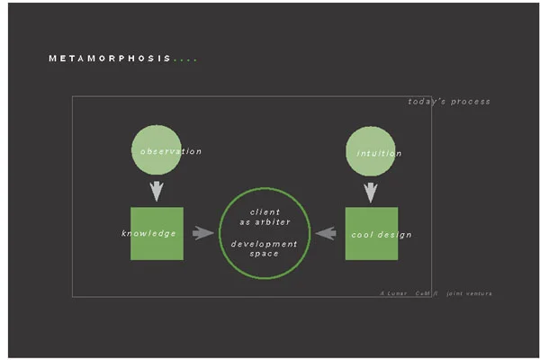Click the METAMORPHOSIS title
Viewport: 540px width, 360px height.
(110, 59)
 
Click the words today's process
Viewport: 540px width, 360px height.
(449, 102)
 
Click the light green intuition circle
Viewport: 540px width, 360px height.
(371, 152)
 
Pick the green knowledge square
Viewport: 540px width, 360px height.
(157, 233)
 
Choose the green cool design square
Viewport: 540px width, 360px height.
(371, 234)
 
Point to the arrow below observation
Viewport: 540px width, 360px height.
(157, 191)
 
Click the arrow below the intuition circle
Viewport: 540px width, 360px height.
(370, 192)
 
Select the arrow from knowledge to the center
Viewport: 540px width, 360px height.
(203, 233)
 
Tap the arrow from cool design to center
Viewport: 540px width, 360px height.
(325, 234)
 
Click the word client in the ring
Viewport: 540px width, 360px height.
(265, 211)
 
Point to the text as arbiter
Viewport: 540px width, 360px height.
(265, 221)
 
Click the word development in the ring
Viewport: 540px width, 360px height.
(265, 244)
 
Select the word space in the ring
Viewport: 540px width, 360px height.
(265, 254)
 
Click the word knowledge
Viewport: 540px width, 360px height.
(148, 234)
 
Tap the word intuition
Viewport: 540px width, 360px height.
(379, 153)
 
